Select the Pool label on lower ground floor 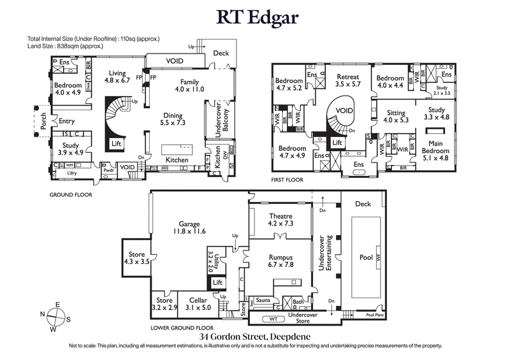tap(365, 257)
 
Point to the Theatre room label tap(280, 220)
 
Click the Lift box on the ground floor tap(116, 145)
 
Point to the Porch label tap(43, 122)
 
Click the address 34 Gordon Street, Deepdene tap(255, 336)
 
